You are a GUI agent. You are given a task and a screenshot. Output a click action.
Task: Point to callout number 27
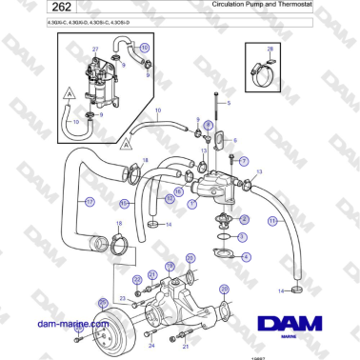(95, 48)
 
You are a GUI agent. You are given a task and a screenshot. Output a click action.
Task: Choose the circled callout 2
(244, 219)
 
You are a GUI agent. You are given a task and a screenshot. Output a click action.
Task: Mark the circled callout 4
(245, 257)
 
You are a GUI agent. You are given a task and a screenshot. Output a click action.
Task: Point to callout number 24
(150, 345)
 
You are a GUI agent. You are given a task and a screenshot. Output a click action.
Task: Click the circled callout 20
(190, 258)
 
